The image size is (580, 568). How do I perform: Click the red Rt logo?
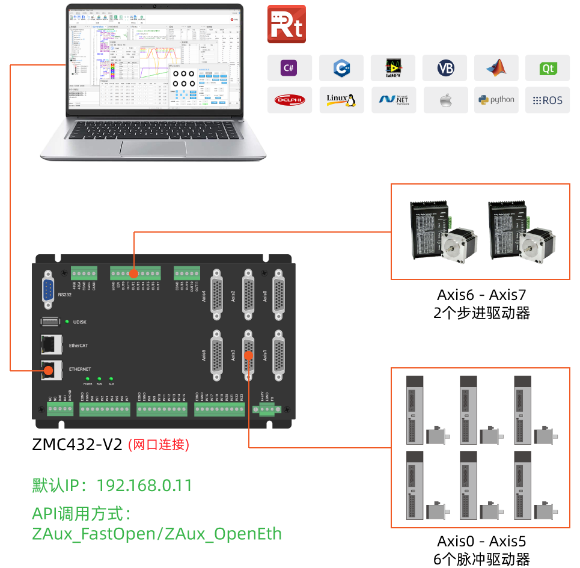tap(286, 24)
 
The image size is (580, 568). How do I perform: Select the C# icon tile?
tap(290, 68)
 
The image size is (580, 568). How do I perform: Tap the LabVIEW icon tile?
tap(393, 68)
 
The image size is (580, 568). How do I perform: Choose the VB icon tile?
tap(445, 68)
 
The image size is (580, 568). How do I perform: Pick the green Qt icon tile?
tap(548, 68)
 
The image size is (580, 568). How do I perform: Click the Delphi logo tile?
tap(290, 100)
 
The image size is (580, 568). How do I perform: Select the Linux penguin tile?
tap(341, 100)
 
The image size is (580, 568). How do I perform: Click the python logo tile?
tap(496, 100)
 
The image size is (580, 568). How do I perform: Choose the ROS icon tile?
tap(548, 100)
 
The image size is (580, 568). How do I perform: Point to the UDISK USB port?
tap(50, 322)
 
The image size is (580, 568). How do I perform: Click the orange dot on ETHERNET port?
tap(47, 370)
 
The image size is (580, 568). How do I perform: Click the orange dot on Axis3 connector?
tap(248, 355)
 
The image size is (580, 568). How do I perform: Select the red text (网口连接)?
tap(159, 445)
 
